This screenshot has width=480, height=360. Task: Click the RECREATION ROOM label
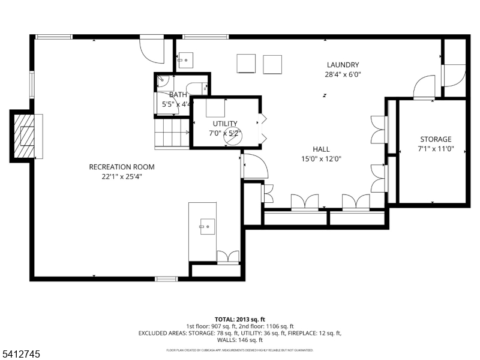tap(122, 167)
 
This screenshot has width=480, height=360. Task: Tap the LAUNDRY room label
tap(343, 65)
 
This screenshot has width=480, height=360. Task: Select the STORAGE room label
tap(435, 139)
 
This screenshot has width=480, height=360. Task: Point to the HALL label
tap(321, 149)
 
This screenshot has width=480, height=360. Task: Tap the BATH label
tap(178, 95)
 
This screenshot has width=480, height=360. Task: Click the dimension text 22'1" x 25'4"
tap(122, 176)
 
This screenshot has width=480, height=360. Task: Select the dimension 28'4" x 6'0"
tap(343, 75)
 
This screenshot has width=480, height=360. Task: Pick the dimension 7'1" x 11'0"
tap(435, 149)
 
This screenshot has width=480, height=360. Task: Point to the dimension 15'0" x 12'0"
tap(321, 159)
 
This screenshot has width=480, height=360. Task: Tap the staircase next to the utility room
tap(172, 133)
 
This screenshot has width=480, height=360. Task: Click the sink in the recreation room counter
tap(206, 226)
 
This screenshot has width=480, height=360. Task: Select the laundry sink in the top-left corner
tap(185, 60)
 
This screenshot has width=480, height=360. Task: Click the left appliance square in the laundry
tap(246, 64)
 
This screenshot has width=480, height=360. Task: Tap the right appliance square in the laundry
tap(272, 64)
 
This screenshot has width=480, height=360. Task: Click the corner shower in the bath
tap(164, 83)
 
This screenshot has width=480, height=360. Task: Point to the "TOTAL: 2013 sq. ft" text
tap(240, 319)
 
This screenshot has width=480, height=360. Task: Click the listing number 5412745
tap(21, 355)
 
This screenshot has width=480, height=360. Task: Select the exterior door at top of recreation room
tap(151, 49)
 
